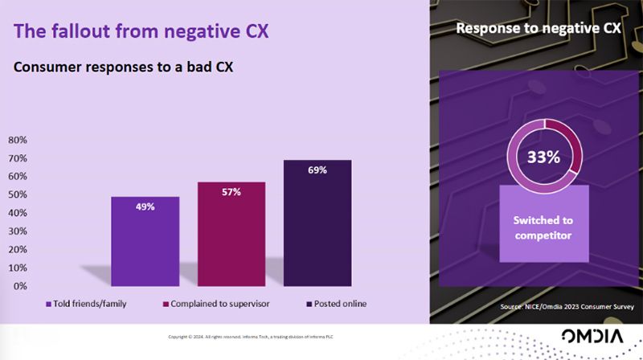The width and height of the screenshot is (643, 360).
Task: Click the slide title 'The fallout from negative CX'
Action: tap(141, 31)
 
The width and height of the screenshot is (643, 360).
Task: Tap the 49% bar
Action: tap(145, 241)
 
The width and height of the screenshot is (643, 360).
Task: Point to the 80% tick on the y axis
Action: tap(18, 140)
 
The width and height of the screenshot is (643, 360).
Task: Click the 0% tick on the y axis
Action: tap(20, 286)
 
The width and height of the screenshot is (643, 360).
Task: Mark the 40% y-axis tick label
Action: tap(18, 213)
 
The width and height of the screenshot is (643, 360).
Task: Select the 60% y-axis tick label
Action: tap(18, 176)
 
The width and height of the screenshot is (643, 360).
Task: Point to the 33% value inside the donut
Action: tap(543, 157)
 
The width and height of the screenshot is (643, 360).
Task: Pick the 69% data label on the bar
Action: tap(317, 170)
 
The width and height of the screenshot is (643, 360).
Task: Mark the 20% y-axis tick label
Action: tap(18, 249)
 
